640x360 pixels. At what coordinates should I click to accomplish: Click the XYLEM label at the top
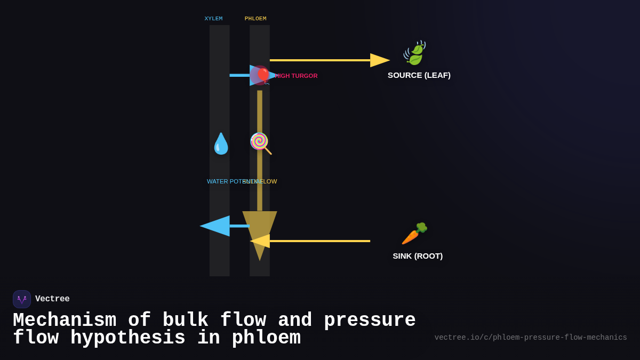(x=213, y=19)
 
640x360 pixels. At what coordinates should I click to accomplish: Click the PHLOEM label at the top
(x=255, y=19)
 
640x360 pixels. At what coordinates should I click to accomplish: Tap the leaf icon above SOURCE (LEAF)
(x=414, y=53)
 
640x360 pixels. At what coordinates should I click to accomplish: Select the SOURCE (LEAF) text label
(x=419, y=75)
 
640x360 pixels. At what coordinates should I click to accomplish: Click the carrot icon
(x=414, y=233)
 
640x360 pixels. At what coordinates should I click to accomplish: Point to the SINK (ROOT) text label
(x=418, y=256)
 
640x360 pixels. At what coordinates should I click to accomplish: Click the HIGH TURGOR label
(x=297, y=76)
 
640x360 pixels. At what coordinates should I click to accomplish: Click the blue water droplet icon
(x=221, y=143)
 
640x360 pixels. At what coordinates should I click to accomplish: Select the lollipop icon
(x=260, y=143)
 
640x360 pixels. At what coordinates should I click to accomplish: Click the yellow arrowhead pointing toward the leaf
(x=379, y=60)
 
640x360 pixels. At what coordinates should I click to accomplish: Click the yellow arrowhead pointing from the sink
(x=260, y=241)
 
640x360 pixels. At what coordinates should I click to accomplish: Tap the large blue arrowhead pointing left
(x=215, y=226)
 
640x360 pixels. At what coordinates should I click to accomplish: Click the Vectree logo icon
(x=22, y=299)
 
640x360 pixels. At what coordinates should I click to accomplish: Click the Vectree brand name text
(x=52, y=299)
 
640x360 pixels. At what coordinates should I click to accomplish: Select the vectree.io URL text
(x=530, y=338)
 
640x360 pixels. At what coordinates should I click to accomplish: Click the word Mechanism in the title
(x=65, y=320)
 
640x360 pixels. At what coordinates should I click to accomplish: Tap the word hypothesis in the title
(x=128, y=338)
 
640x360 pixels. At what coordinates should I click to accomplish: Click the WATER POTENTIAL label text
(x=224, y=181)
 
